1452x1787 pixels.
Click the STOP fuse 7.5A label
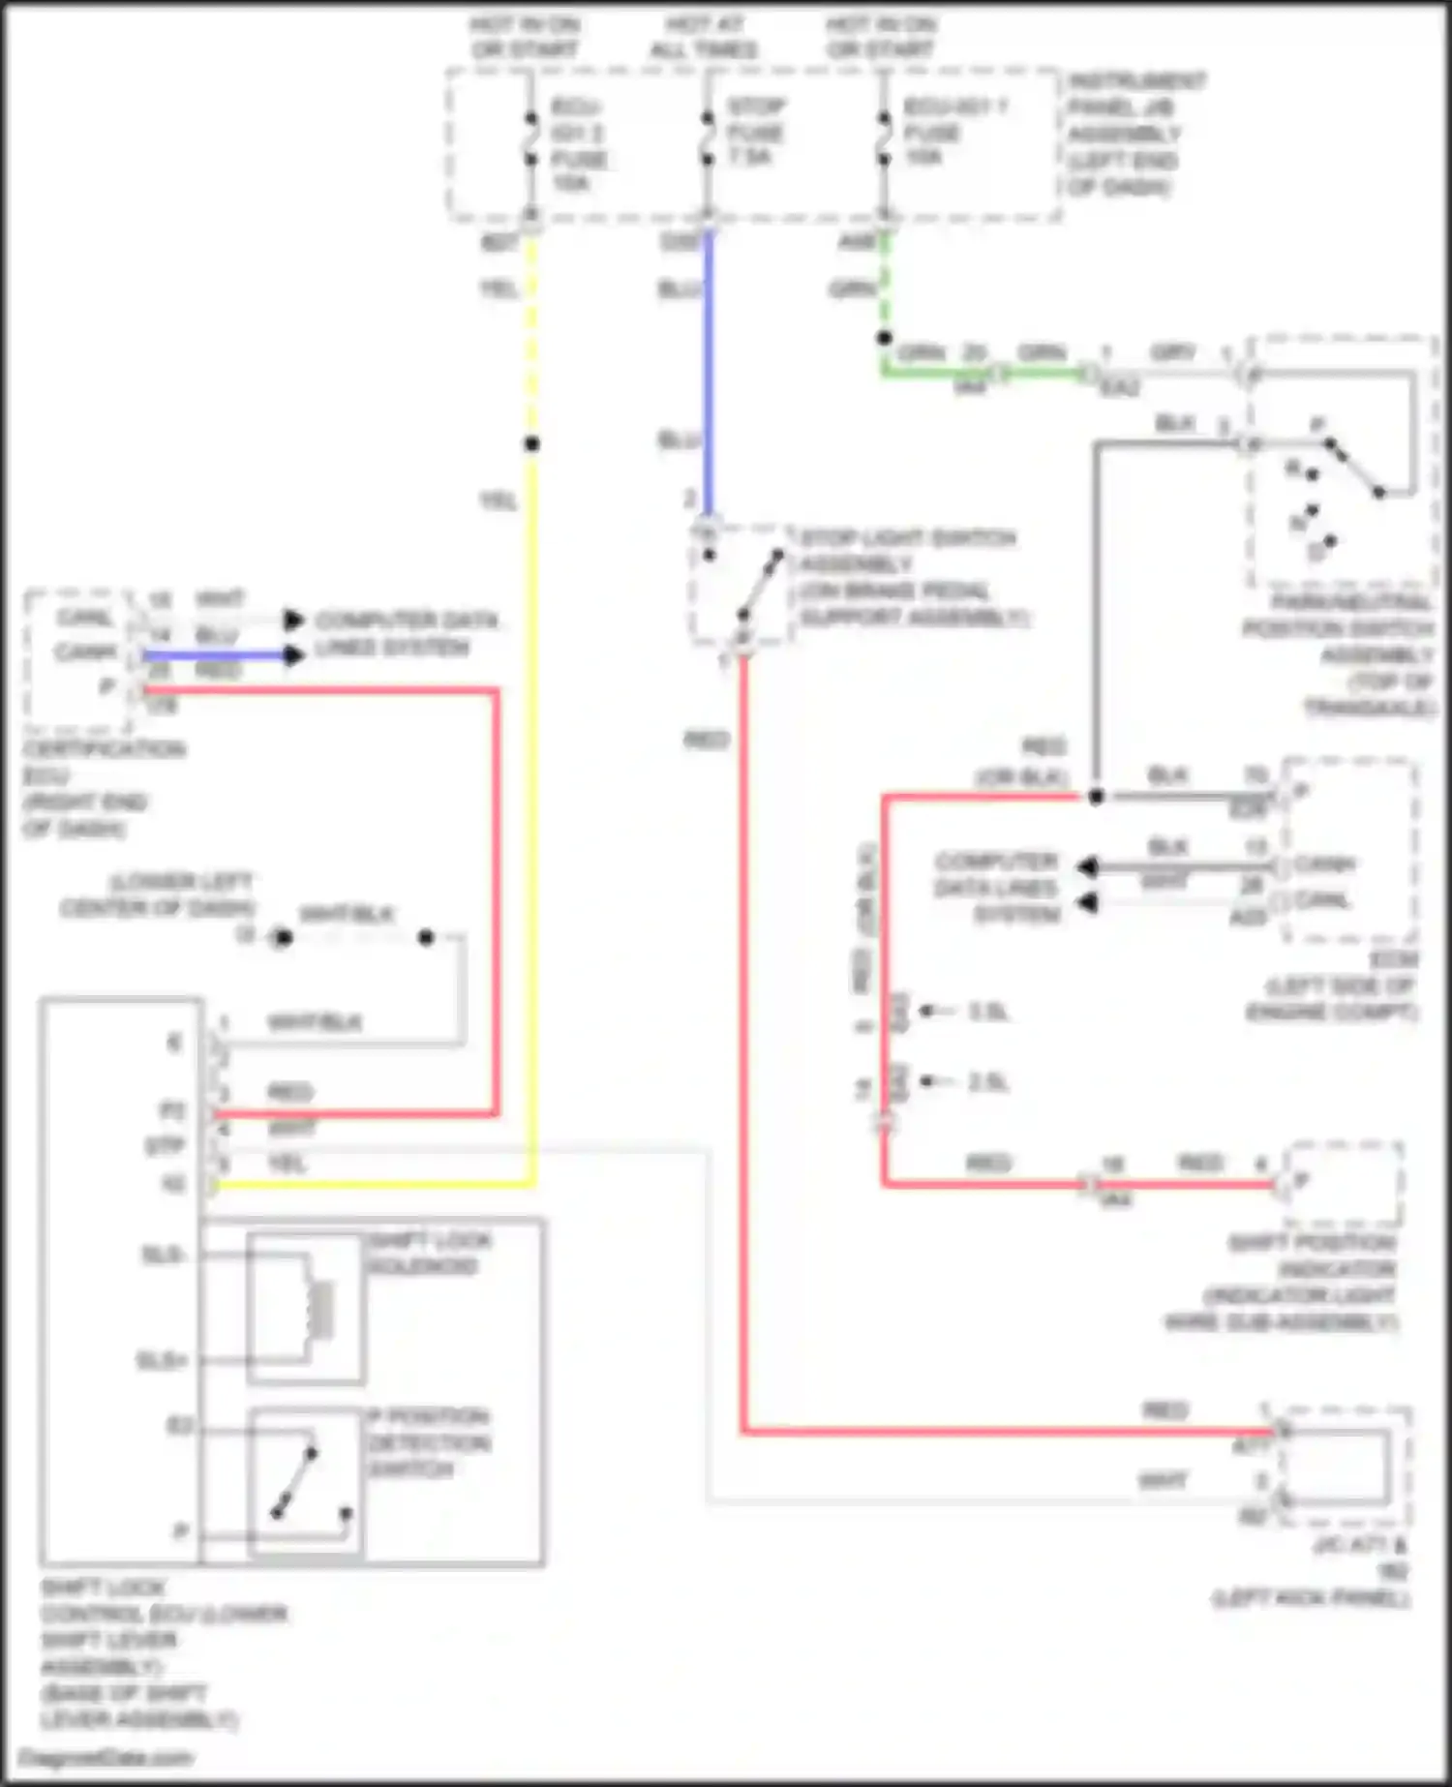coord(754,131)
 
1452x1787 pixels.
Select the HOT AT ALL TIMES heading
coord(704,37)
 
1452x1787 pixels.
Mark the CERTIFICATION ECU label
coord(103,788)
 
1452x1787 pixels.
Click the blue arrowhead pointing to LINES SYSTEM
coord(293,655)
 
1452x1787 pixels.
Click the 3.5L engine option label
coord(987,1012)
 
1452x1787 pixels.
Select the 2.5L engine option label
coord(987,1082)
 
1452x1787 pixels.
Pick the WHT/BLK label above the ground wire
coord(346,914)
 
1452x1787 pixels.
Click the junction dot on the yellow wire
coord(531,444)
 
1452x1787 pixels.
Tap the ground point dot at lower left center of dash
coord(282,937)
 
